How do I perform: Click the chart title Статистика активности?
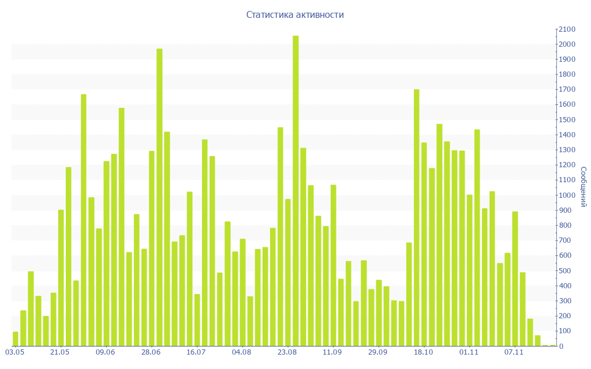coord(295,15)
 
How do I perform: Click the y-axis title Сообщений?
coord(583,187)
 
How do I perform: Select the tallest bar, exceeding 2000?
coord(295,190)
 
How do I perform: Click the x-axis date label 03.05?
coord(14,352)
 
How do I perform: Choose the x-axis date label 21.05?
coord(60,352)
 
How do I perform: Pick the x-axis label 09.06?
coord(106,352)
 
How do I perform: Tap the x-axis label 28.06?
coord(151,352)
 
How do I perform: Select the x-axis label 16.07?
coord(196,352)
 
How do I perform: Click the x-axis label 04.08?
coord(241,352)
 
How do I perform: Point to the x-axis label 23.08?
coord(287,352)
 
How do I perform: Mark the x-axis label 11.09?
coord(332,352)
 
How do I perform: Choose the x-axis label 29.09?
coord(377,352)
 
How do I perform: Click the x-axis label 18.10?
coord(423,352)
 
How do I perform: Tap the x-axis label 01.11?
coord(469,352)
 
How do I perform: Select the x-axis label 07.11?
coord(514,352)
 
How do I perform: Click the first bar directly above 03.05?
coord(16,339)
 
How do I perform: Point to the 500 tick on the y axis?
coord(566,270)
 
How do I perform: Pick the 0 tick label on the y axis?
coord(561,346)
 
